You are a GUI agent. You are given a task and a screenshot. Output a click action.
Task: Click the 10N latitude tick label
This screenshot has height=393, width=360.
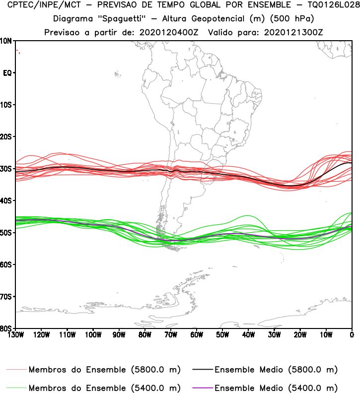(x=6, y=41)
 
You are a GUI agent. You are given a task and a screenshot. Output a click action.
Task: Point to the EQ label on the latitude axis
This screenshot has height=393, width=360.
(x=7, y=73)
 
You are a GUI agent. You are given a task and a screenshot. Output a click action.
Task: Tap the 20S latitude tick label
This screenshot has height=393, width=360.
(x=6, y=136)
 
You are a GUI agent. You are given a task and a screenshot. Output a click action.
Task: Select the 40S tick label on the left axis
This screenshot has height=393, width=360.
(x=6, y=200)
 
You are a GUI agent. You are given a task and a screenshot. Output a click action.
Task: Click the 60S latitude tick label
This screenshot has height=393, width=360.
(x=6, y=264)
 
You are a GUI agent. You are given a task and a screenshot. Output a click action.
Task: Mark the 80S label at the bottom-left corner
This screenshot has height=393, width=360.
(x=6, y=328)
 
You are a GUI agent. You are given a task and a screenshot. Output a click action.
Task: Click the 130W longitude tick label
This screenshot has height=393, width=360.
(x=15, y=334)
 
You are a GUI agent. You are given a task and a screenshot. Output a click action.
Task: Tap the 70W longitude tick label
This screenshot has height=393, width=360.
(x=171, y=334)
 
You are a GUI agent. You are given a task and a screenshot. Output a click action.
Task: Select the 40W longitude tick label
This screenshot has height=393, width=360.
(x=248, y=334)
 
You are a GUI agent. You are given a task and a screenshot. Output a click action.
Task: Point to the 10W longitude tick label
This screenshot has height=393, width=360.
(x=326, y=334)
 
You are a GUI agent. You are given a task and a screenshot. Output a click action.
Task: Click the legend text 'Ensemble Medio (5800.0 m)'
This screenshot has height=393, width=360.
(x=276, y=370)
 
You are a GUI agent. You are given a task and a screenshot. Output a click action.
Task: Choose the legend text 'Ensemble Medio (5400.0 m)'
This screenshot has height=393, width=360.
(x=276, y=388)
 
